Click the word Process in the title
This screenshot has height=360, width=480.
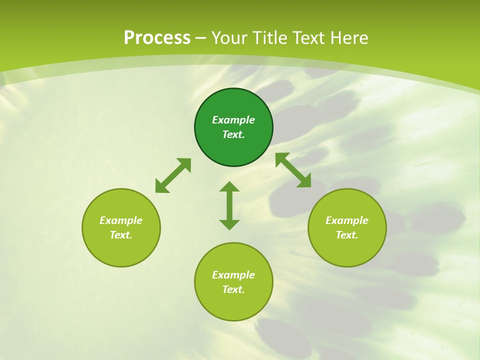(157, 38)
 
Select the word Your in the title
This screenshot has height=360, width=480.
(230, 38)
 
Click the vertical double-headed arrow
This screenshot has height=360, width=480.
(229, 205)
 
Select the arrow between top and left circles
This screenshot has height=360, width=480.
(173, 175)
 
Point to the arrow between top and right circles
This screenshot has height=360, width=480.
(293, 170)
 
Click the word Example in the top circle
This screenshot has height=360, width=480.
(233, 120)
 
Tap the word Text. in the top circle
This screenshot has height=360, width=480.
(233, 134)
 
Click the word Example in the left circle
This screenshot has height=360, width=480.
(121, 220)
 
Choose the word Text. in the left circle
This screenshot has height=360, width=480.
(121, 235)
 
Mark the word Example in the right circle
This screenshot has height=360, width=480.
(347, 220)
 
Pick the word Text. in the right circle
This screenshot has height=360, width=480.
(347, 235)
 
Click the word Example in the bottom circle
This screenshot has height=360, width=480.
(233, 275)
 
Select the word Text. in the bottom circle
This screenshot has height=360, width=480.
(233, 289)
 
